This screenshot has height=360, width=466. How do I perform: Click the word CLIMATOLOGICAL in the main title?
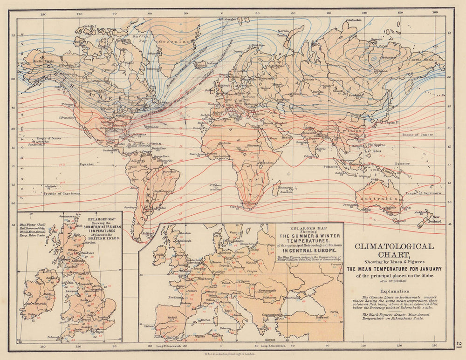pos(394,246)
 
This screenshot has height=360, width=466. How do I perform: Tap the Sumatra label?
pos(331,166)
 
